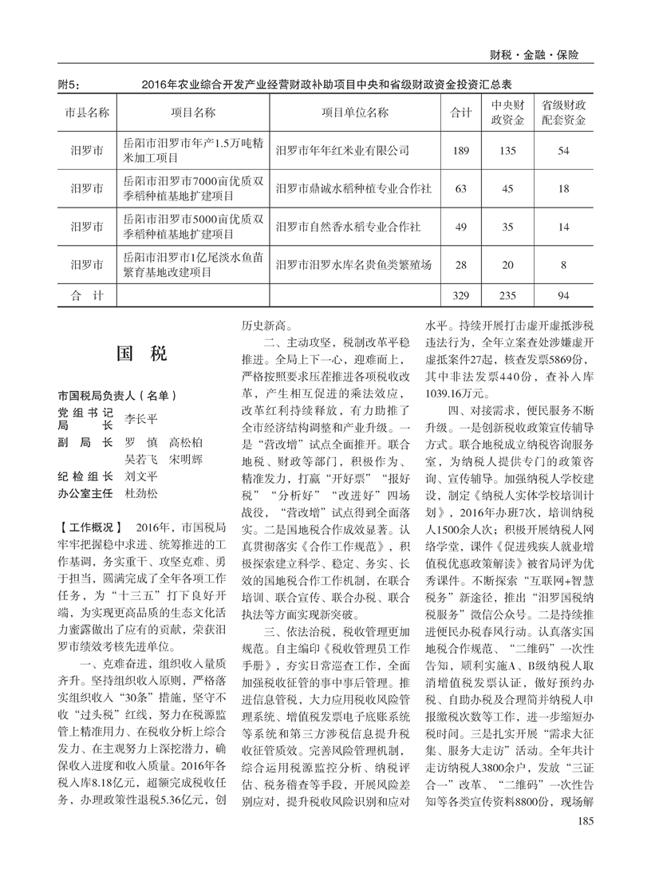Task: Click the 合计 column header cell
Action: pyautogui.click(x=460, y=113)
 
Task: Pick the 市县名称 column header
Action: pyautogui.click(x=87, y=113)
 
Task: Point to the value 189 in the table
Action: pyautogui.click(x=460, y=150)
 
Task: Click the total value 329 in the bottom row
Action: pyautogui.click(x=460, y=296)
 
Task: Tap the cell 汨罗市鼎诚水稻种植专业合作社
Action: pyautogui.click(x=353, y=189)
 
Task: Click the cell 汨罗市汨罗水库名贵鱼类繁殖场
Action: pyautogui.click(x=353, y=265)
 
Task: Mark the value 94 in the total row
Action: pyautogui.click(x=563, y=296)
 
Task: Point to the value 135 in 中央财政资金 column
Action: pyautogui.click(x=507, y=150)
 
